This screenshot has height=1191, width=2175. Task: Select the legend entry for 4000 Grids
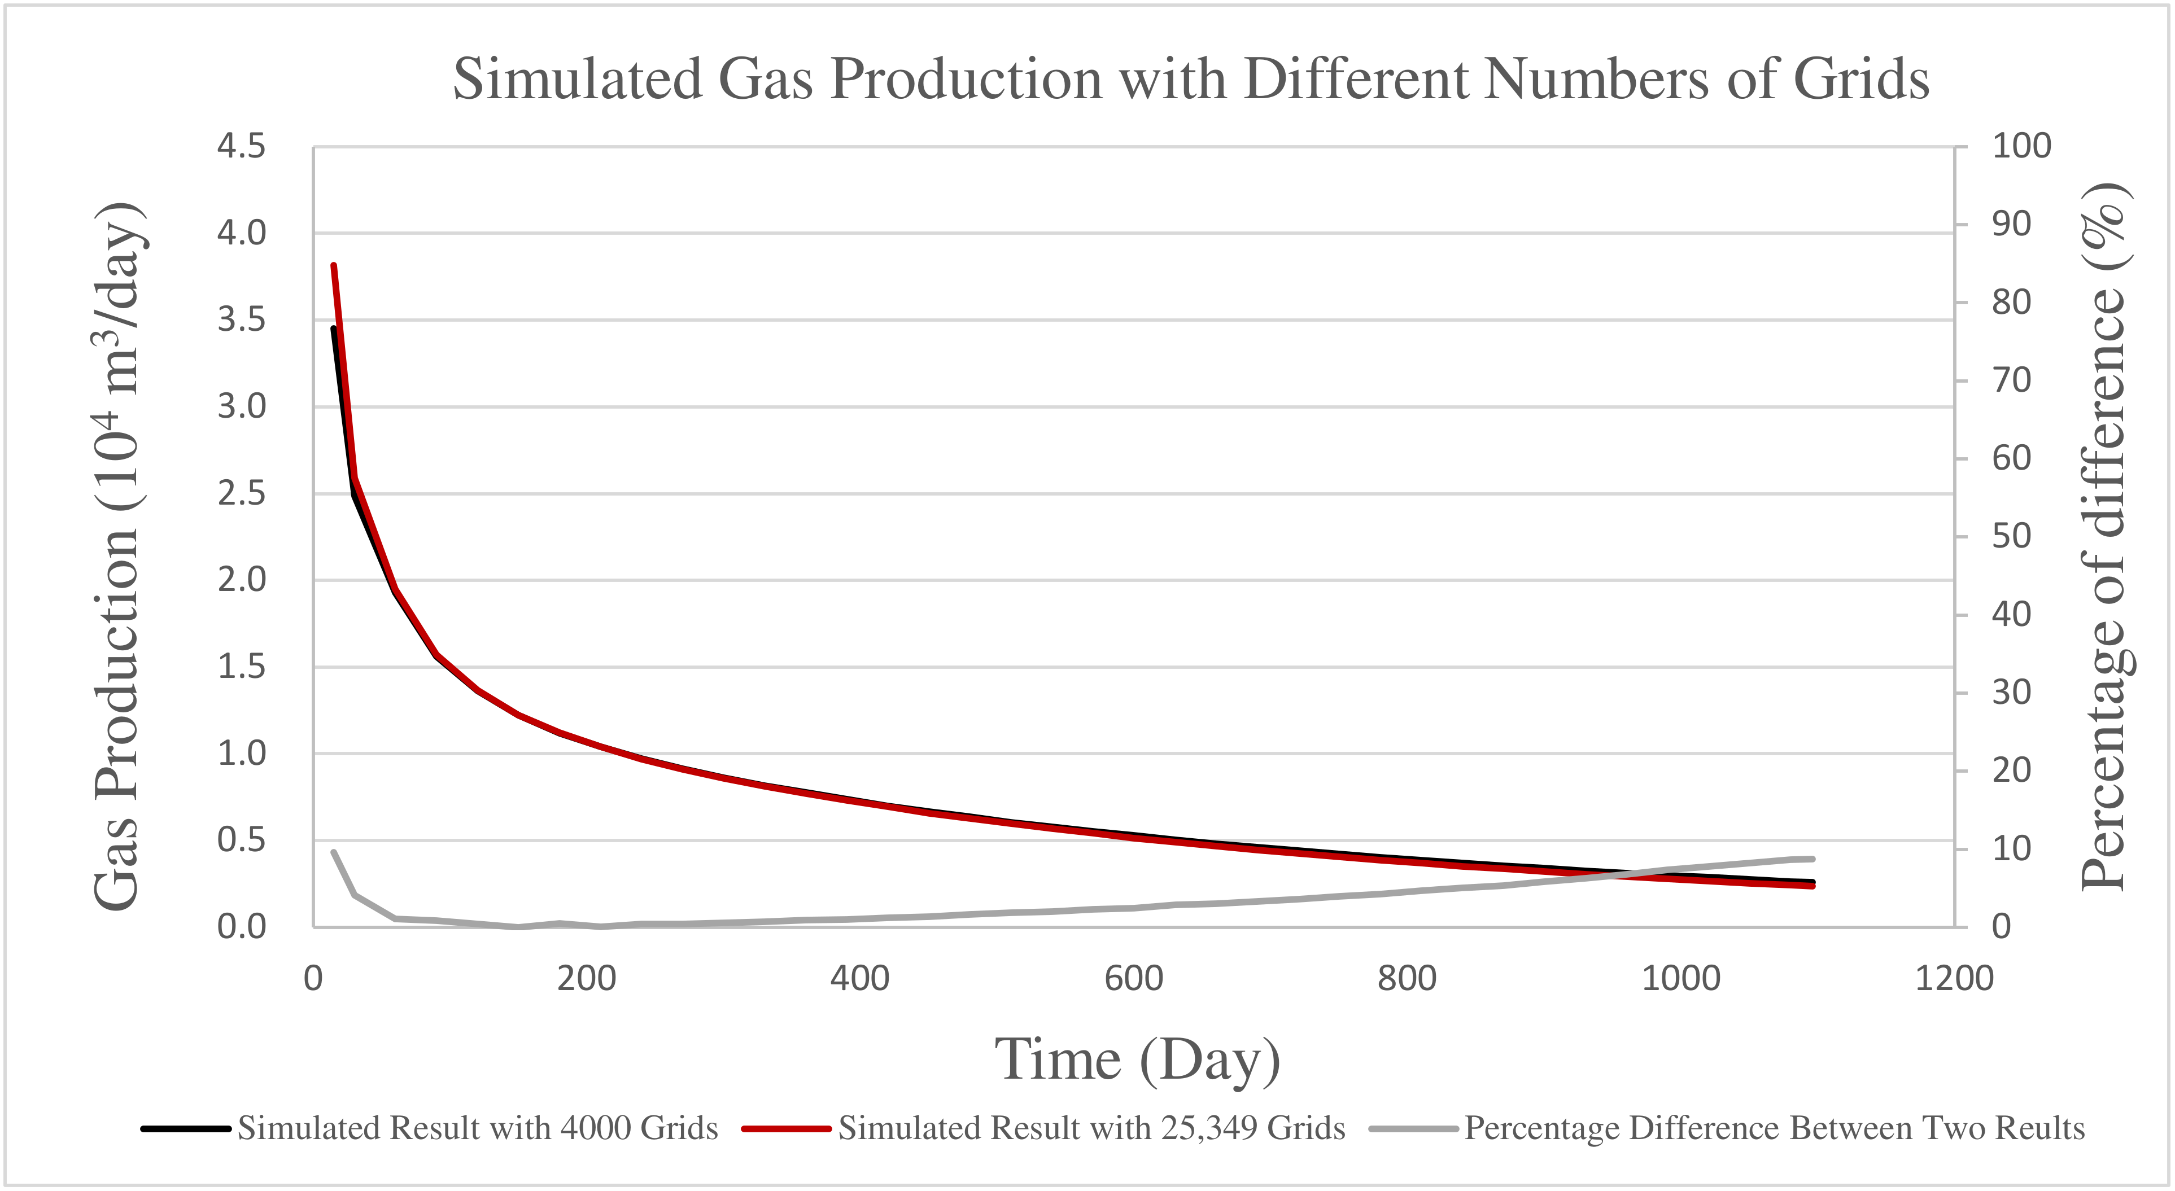pyautogui.click(x=477, y=1128)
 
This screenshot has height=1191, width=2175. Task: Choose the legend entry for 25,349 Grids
pyautogui.click(x=1091, y=1128)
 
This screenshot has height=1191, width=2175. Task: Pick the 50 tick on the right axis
pyautogui.click(x=2011, y=536)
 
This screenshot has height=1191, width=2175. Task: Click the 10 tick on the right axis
pyautogui.click(x=2011, y=848)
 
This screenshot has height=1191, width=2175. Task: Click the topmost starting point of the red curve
pyautogui.click(x=334, y=266)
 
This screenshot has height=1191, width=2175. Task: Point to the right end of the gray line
pyautogui.click(x=1812, y=859)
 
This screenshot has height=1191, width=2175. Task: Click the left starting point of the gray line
pyautogui.click(x=334, y=852)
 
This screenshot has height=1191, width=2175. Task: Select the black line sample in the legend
pyautogui.click(x=186, y=1128)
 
